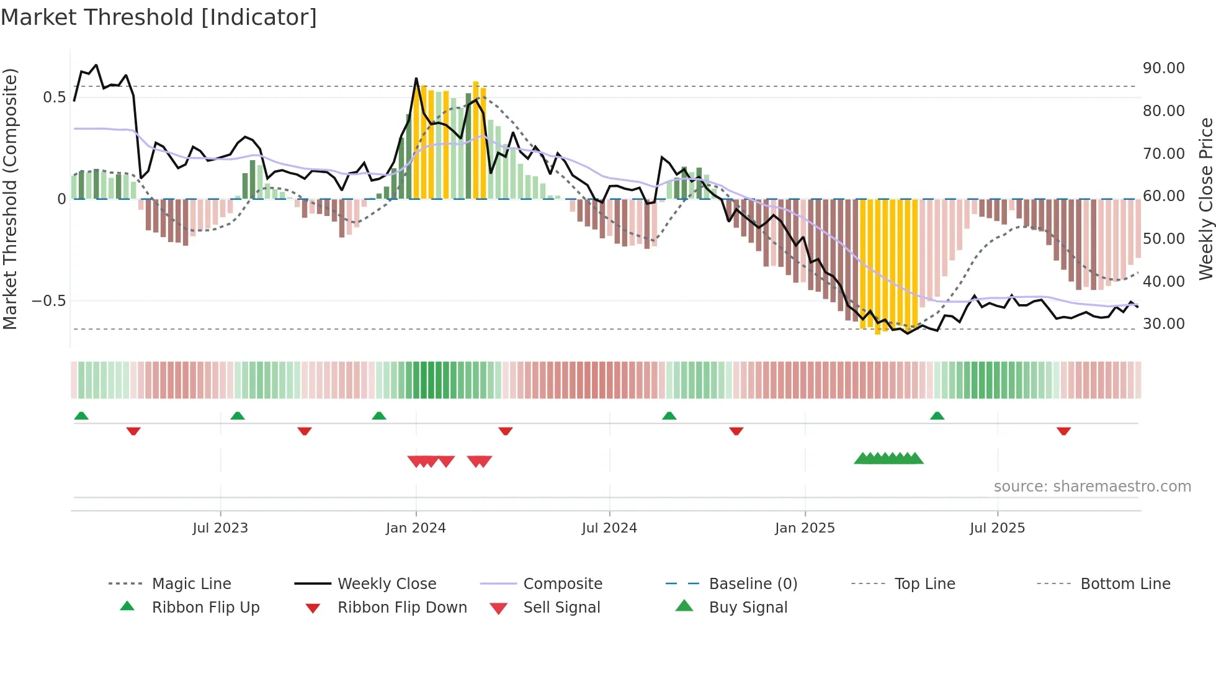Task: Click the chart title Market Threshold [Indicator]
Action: pos(159,17)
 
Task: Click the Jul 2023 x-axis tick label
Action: pos(220,528)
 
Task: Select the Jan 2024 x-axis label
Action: pos(415,528)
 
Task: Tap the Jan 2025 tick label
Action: pos(805,528)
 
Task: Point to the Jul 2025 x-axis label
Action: pos(997,528)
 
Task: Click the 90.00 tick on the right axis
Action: pos(1163,68)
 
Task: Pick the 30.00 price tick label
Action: pos(1163,324)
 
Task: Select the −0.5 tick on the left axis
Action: pos(48,301)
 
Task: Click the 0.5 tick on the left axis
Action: pos(54,97)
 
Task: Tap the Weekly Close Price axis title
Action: pos(1205,199)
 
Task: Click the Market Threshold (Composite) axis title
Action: pos(10,199)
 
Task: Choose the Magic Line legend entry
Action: pos(191,584)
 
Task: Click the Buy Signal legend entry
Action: pos(748,608)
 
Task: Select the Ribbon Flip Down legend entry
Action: pos(401,608)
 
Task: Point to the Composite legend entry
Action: pos(562,584)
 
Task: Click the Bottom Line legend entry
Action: pos(1125,584)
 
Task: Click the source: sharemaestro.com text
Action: pos(1092,487)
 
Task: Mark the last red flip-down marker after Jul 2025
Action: pos(1063,431)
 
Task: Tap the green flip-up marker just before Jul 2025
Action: pos(937,416)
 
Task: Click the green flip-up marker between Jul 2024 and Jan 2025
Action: pos(669,416)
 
